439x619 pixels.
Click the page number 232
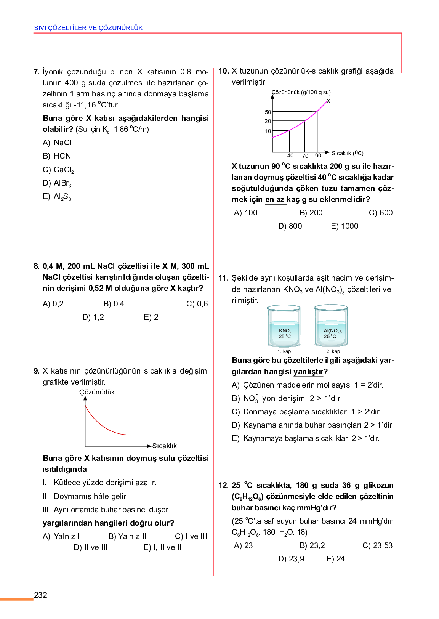coord(40,595)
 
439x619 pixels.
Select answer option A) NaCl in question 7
coord(57,143)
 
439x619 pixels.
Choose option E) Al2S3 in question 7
coord(57,197)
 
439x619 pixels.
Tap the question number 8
coord(37,266)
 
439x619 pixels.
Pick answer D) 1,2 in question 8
coord(93,317)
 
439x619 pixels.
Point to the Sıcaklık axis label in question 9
coord(164,446)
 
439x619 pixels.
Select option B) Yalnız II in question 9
coord(127,536)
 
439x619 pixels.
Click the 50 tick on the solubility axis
coord(268,112)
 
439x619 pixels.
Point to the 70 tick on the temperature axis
coord(305,156)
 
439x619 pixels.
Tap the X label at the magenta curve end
coord(328,101)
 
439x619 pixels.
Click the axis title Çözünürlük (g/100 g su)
coord(301,92)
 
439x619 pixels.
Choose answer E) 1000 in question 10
coord(344,226)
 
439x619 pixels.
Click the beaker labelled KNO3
coord(284,326)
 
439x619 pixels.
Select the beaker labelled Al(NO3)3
coord(331,326)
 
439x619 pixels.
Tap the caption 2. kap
coord(333,351)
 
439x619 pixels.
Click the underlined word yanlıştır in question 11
coord(308,372)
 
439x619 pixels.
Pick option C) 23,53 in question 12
coord(377,545)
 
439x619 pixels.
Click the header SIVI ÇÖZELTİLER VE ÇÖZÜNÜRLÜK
coord(88,28)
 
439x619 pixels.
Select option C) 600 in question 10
coord(380,213)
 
